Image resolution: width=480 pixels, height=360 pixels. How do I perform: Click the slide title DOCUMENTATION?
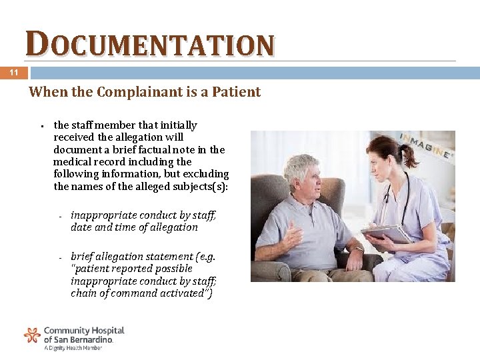click(150, 45)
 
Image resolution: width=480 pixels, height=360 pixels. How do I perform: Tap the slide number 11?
click(14, 73)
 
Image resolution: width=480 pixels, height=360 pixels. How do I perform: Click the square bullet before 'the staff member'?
click(42, 125)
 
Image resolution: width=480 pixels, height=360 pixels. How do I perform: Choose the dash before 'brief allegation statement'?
click(60, 257)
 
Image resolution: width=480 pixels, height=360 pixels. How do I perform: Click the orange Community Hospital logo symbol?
click(32, 335)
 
